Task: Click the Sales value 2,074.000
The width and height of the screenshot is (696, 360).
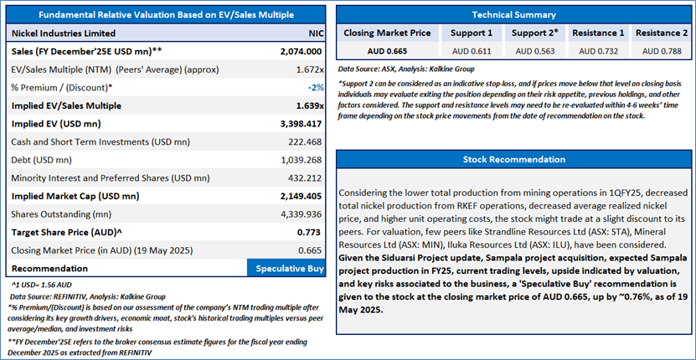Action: [301, 52]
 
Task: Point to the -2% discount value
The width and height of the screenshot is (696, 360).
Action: [316, 88]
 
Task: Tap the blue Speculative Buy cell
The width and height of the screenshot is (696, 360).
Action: [286, 268]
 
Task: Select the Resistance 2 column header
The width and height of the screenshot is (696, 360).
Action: [655, 33]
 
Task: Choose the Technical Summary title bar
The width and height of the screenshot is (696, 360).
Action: [513, 15]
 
